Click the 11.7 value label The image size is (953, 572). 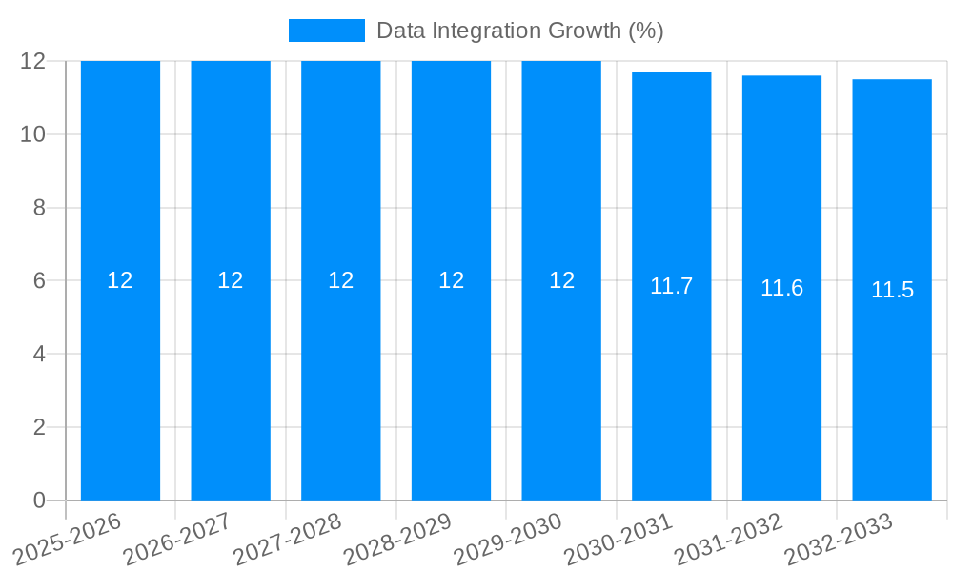[671, 286]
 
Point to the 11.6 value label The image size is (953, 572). [781, 288]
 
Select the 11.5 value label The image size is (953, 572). [892, 291]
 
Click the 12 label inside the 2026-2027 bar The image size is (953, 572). [231, 280]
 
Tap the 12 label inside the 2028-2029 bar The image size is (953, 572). [451, 280]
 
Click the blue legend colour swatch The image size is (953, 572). [327, 31]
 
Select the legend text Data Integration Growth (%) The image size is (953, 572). [519, 31]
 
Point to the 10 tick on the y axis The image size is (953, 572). [33, 134]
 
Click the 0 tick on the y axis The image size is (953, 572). [39, 500]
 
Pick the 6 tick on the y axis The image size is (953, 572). [39, 281]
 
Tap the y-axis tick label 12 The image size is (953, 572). [33, 61]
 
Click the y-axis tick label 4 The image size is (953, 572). [39, 354]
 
